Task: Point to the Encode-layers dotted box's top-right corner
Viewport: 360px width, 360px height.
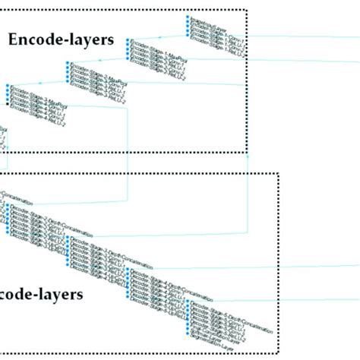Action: coord(248,9)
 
